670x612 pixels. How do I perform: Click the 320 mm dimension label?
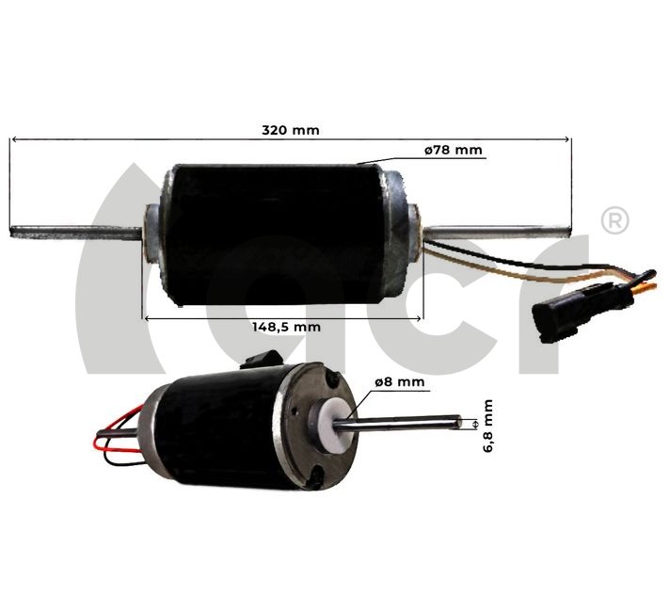click(x=291, y=130)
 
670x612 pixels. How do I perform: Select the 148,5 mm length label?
click(x=287, y=327)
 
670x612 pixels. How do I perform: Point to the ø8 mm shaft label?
click(x=399, y=381)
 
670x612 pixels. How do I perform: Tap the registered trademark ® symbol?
click(x=614, y=220)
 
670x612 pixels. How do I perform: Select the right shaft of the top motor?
click(x=499, y=227)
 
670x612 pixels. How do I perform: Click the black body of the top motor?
click(x=273, y=231)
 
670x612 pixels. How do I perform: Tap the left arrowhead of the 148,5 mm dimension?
click(x=147, y=317)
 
